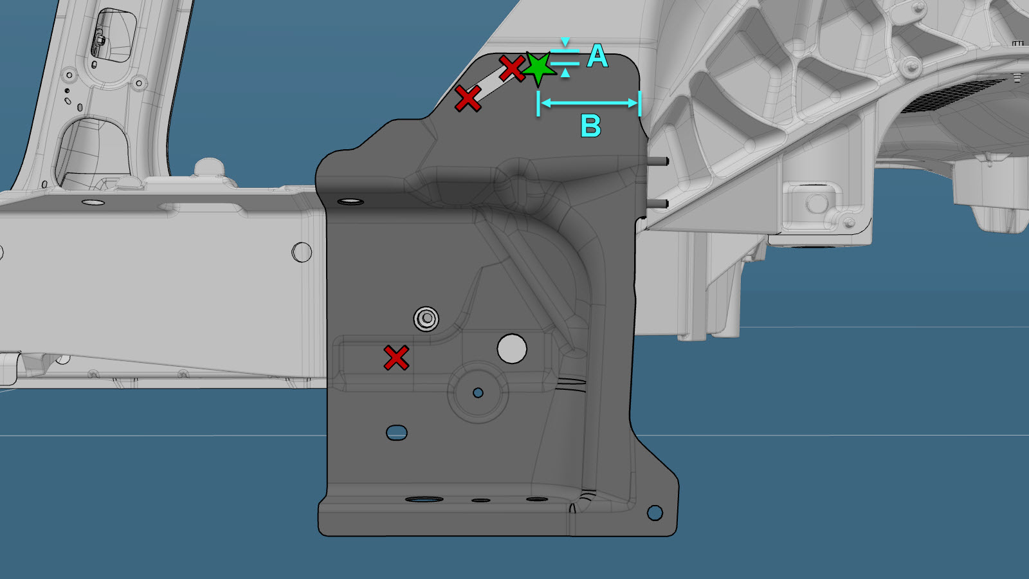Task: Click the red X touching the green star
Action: point(512,68)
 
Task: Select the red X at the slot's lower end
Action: point(468,98)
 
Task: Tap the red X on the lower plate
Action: point(396,358)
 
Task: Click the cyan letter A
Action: point(597,57)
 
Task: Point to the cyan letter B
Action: point(591,125)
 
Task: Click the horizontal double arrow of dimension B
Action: point(589,103)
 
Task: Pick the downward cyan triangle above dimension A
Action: point(565,42)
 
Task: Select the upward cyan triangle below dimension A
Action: point(565,73)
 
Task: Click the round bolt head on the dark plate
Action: point(426,318)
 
